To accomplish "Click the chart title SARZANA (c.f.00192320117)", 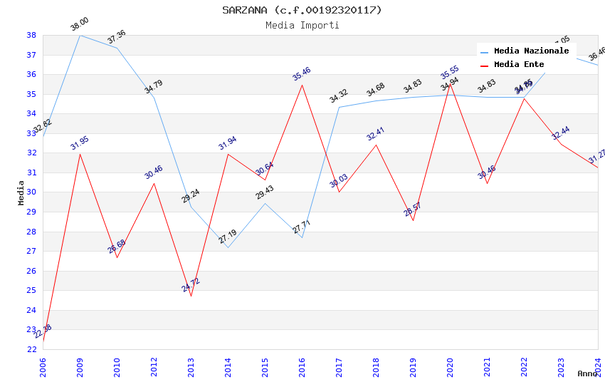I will tap(302, 10).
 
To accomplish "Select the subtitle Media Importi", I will tap(302, 25).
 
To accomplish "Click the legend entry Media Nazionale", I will tap(531, 51).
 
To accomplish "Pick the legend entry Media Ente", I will tap(519, 65).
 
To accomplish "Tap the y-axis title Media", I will tap(21, 192).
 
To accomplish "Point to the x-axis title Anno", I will tap(587, 373).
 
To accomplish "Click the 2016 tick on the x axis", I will tap(302, 363).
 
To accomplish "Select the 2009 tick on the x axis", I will tap(80, 363).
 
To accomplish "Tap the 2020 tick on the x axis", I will tap(450, 363).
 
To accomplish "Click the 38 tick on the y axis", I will tap(31, 35).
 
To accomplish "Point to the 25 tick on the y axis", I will tap(31, 291).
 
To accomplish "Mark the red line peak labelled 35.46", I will tap(302, 85).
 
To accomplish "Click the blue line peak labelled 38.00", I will tap(80, 35).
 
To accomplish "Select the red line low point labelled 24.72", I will tap(191, 296).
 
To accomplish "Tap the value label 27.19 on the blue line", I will tap(228, 237).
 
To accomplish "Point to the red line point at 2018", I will tap(376, 145).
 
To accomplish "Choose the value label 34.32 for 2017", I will tap(339, 96).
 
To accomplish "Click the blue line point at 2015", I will tap(265, 203).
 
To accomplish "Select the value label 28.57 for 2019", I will tap(413, 209).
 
